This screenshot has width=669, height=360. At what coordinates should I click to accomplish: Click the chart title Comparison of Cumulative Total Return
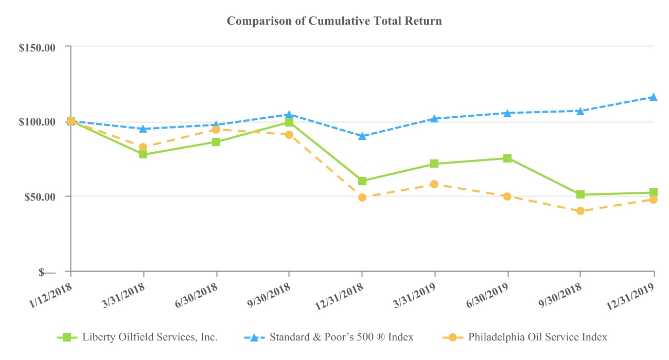pos(334,21)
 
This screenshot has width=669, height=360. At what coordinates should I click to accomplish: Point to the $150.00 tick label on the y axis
pos(44,47)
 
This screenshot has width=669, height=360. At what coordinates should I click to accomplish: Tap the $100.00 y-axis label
pos(44,122)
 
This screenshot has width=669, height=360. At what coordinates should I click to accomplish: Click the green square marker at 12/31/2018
pos(362,181)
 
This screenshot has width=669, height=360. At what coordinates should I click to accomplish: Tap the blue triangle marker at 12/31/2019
pos(654,97)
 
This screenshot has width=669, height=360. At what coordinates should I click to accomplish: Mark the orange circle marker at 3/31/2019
pos(434,184)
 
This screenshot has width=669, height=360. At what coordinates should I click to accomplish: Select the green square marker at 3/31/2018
pos(143,154)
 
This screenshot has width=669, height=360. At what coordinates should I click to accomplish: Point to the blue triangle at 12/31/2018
pos(362,136)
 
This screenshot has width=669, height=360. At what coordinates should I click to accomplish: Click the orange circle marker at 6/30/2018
pos(216,130)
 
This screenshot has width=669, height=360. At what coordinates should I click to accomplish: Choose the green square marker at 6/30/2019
pos(507,158)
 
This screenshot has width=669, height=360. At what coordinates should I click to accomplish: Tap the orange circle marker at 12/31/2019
pos(654,200)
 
